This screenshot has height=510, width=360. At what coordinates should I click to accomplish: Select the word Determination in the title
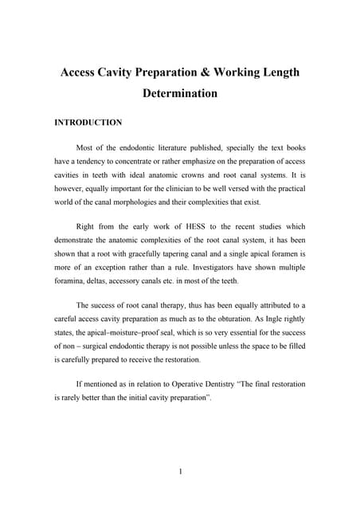[x=180, y=94]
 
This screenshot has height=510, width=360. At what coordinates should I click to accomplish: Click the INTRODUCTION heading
[x=88, y=123]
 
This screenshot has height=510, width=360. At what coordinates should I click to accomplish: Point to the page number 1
[x=181, y=471]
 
